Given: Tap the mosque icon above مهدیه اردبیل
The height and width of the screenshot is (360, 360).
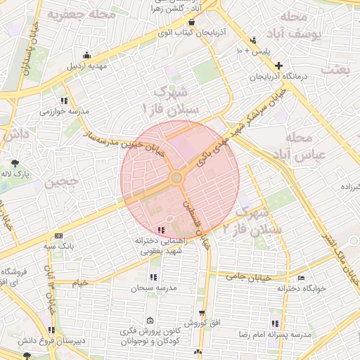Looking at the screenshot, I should (x=86, y=56).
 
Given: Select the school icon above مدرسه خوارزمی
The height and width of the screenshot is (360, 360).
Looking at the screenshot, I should (x=64, y=101).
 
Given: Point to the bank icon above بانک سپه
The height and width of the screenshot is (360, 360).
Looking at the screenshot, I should (x=58, y=236).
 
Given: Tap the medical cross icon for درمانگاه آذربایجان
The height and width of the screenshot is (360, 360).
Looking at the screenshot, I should (x=278, y=65).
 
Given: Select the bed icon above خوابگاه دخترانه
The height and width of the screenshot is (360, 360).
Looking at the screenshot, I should (x=301, y=278).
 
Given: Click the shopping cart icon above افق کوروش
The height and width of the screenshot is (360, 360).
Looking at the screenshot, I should (x=202, y=313).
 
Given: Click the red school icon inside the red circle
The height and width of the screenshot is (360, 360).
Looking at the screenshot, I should (x=161, y=230).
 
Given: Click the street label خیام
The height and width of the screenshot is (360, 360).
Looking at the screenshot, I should (x=81, y=283).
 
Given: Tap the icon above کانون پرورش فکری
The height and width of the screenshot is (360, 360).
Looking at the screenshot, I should (x=150, y=320).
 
